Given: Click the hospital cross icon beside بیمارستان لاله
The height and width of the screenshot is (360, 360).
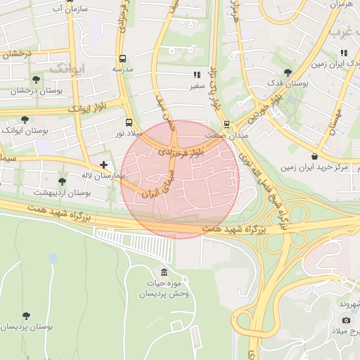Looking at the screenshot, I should tap(104, 165).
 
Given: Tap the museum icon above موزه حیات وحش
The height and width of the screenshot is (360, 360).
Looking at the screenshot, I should tap(164, 273).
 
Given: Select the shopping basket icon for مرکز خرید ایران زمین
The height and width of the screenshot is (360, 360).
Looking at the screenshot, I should tap(313, 156).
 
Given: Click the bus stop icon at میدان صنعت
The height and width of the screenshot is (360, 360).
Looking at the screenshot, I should tap(226, 124).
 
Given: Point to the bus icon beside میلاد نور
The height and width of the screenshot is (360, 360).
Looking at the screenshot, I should tap(127, 122).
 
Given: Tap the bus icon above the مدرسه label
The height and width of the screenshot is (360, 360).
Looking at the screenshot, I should tap(123, 58).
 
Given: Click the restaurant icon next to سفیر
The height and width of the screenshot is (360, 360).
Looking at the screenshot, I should tap(197, 74).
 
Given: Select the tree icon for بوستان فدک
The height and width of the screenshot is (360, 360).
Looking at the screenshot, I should tap(287, 72).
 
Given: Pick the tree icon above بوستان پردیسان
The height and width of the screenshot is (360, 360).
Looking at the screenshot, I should tap(27, 316).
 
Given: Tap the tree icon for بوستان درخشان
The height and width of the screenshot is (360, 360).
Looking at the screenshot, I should tap(36, 79).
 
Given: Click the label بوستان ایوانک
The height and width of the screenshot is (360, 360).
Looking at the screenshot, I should tap(25, 131).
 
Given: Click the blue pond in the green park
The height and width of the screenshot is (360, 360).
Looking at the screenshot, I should tap(53, 258).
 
